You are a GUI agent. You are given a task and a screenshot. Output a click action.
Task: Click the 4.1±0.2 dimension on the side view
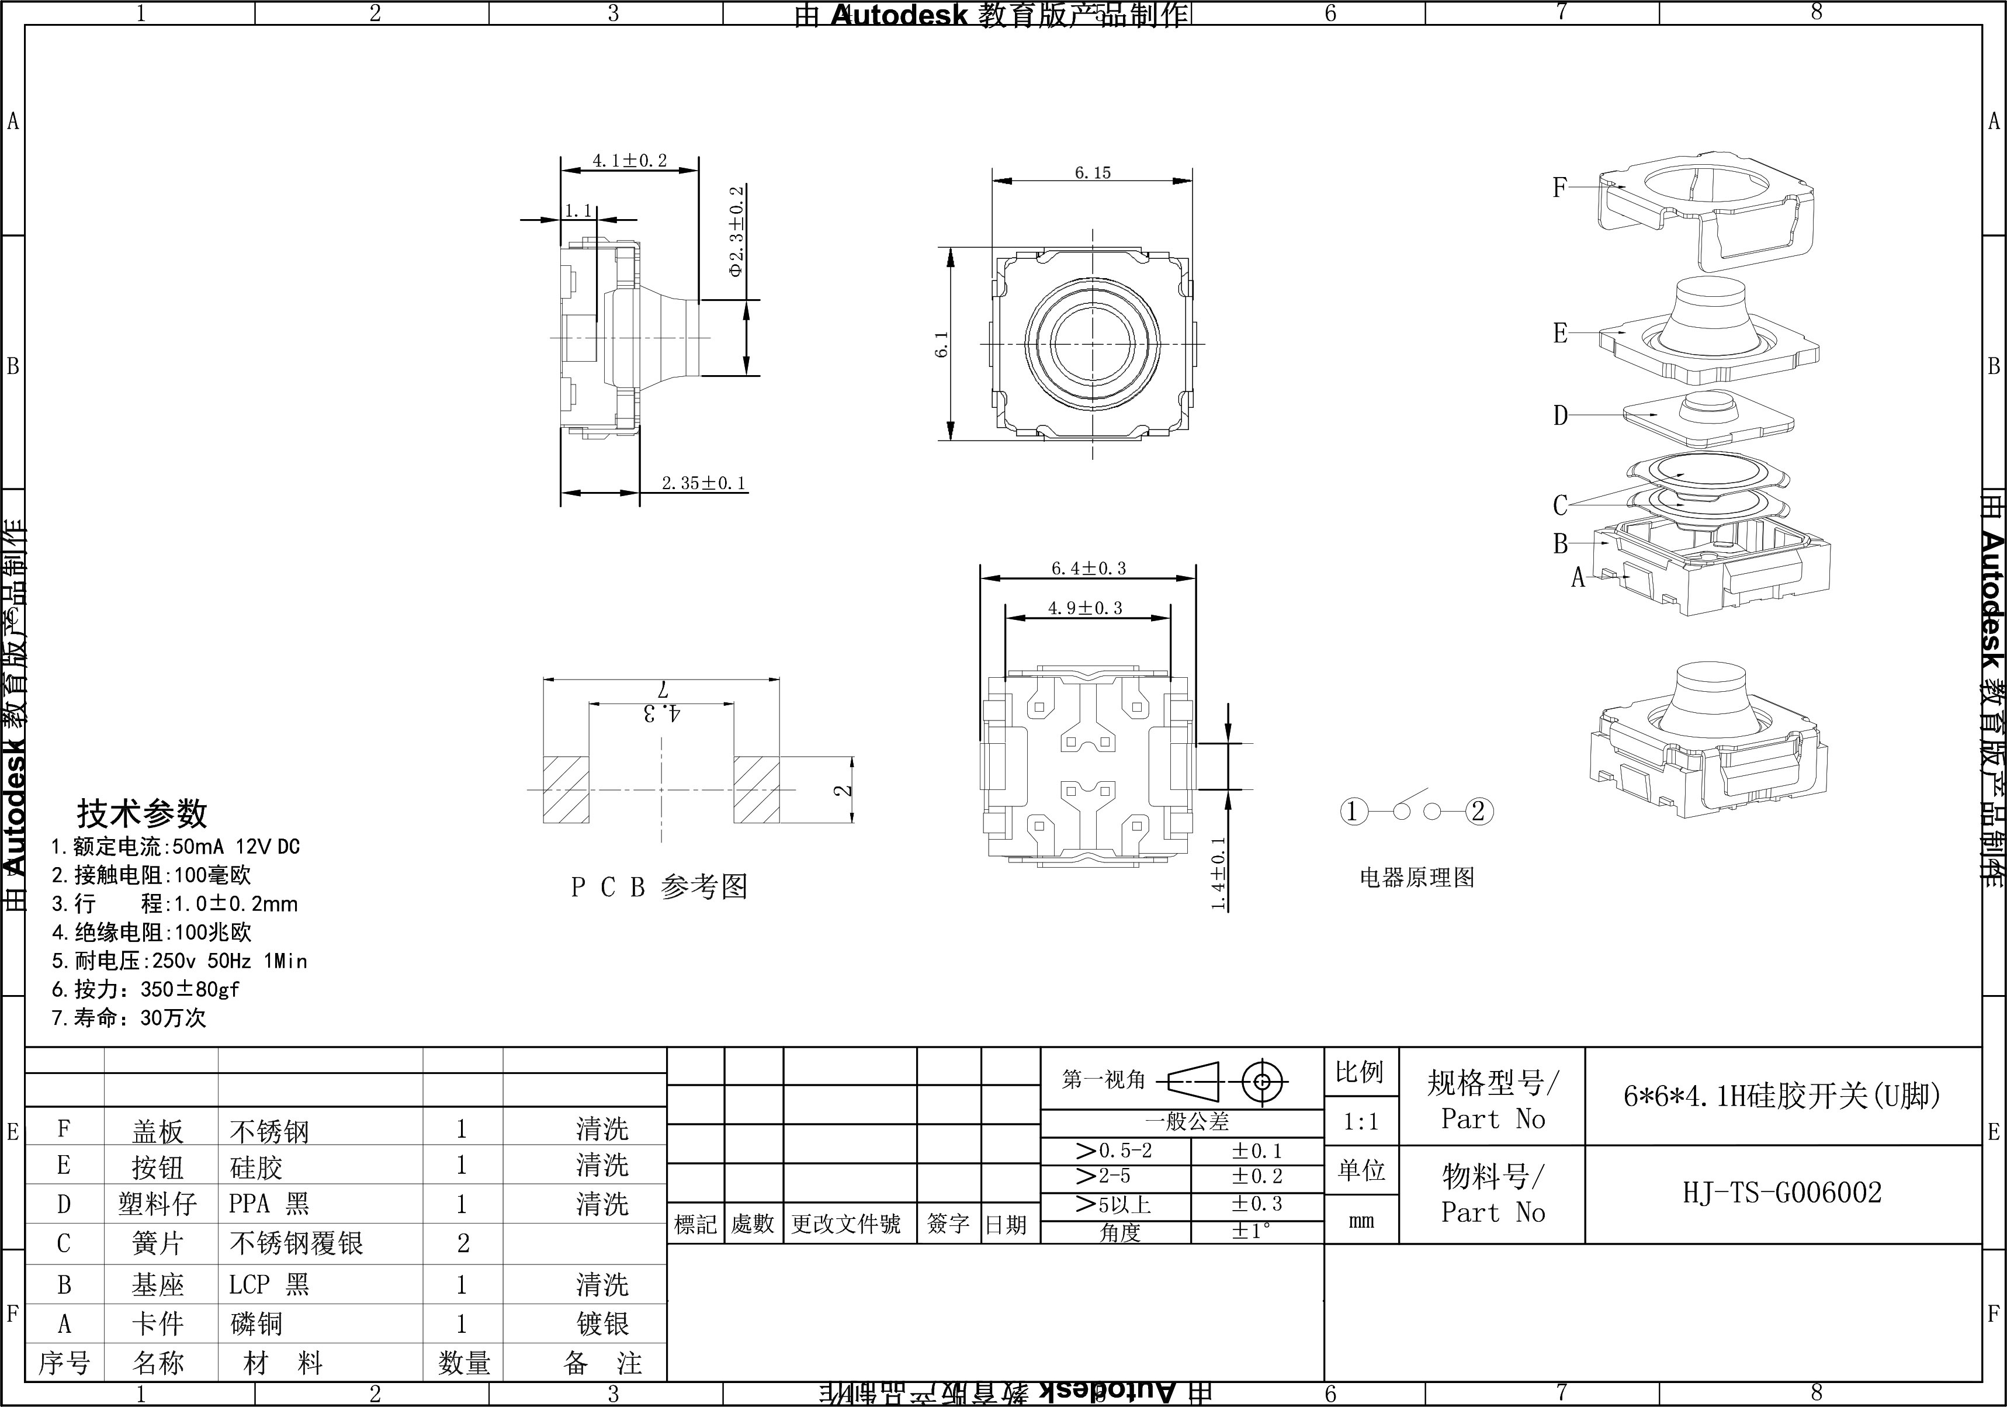point(629,161)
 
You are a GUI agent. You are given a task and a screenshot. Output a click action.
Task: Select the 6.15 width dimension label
point(1093,173)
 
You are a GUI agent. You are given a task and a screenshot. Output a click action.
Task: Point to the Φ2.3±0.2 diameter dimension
point(737,231)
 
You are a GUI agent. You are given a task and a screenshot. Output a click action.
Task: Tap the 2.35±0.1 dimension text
point(703,483)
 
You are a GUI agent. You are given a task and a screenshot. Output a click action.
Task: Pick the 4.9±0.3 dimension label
point(1085,608)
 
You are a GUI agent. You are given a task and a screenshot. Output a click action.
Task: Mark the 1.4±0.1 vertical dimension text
point(1218,873)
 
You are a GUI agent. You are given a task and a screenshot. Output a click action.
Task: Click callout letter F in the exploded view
point(1559,187)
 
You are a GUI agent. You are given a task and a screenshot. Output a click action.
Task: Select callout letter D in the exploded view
point(1561,415)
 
